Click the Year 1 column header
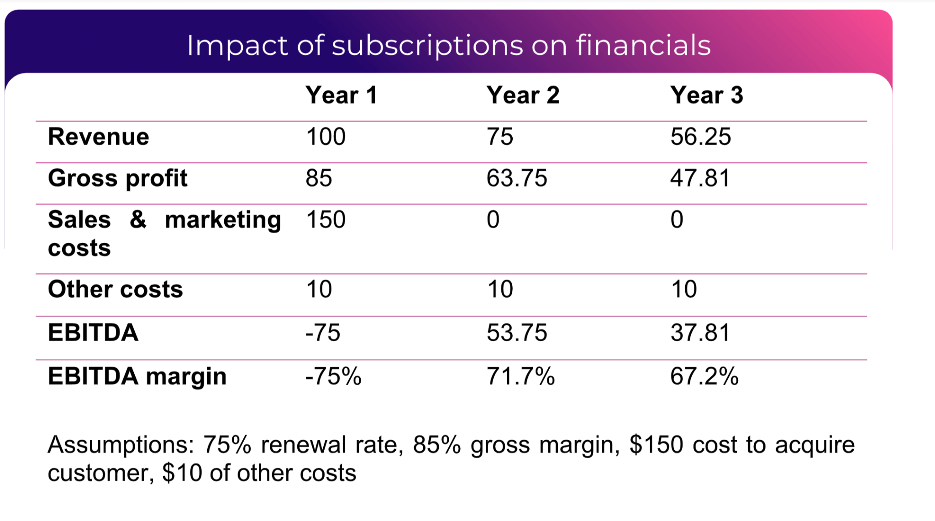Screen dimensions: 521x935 pos(341,95)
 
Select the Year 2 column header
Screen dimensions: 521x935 pos(523,95)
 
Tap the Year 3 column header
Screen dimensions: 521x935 pos(706,95)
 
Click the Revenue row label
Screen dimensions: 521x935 pos(99,137)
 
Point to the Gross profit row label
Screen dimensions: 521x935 pos(118,178)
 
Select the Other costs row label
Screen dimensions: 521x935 pos(116,289)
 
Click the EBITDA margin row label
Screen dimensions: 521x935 pos(137,376)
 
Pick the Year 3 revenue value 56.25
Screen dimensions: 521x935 pos(700,137)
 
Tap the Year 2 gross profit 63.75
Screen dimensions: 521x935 pos(516,178)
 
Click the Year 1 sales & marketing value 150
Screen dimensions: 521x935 pos(326,219)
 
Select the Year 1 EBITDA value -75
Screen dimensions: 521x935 pos(323,333)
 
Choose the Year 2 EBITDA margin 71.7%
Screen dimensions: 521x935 pos(520,377)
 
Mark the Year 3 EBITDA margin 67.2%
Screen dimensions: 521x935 pos(704,377)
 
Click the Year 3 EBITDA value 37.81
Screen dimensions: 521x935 pos(700,333)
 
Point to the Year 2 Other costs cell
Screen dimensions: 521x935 pos(500,289)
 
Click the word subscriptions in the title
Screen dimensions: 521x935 pos(427,46)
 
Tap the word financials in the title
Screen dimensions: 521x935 pos(643,45)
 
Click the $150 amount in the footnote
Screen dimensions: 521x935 pos(656,445)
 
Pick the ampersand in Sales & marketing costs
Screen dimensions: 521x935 pos(138,219)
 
